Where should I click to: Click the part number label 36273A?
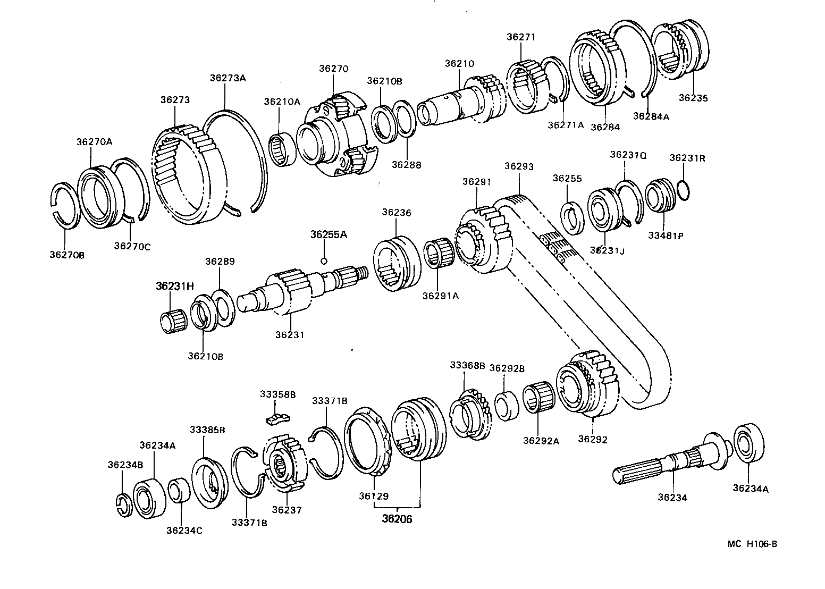click(228, 78)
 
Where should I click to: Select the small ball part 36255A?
click(324, 260)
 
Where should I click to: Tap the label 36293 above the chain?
click(518, 166)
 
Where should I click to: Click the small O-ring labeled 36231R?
click(686, 192)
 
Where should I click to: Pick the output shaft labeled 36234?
click(664, 462)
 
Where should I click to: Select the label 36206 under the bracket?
click(397, 519)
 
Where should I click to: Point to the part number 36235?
click(693, 98)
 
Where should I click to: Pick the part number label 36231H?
click(174, 286)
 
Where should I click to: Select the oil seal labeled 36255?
click(573, 217)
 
